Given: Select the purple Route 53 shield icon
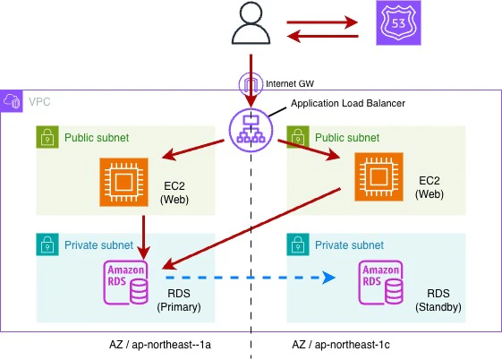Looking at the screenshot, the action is tap(398, 22).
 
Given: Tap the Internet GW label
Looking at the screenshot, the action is tap(290, 83).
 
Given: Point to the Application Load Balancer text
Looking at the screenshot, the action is tap(348, 103).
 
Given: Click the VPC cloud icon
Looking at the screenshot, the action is tap(12, 101).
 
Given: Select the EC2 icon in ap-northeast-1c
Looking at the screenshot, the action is tap(379, 176).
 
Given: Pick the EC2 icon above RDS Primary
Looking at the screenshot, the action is tap(123, 182).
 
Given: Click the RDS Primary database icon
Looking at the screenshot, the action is tap(126, 282).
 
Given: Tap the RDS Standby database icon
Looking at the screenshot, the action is tap(380, 282).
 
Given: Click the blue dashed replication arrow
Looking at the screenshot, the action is tap(251, 278).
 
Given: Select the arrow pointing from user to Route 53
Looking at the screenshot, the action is tap(322, 22).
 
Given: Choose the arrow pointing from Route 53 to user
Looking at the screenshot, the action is tap(322, 36).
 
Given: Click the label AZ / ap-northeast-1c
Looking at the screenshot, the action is tap(341, 345).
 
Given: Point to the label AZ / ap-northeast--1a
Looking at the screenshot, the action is tap(160, 345).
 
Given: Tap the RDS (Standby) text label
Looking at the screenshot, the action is tap(438, 300).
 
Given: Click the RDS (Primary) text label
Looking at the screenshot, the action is tap(179, 300).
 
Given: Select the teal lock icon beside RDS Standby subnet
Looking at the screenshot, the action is tap(298, 244).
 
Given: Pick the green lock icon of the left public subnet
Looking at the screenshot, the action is tap(47, 137).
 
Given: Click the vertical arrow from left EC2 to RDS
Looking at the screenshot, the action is tap(143, 237).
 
